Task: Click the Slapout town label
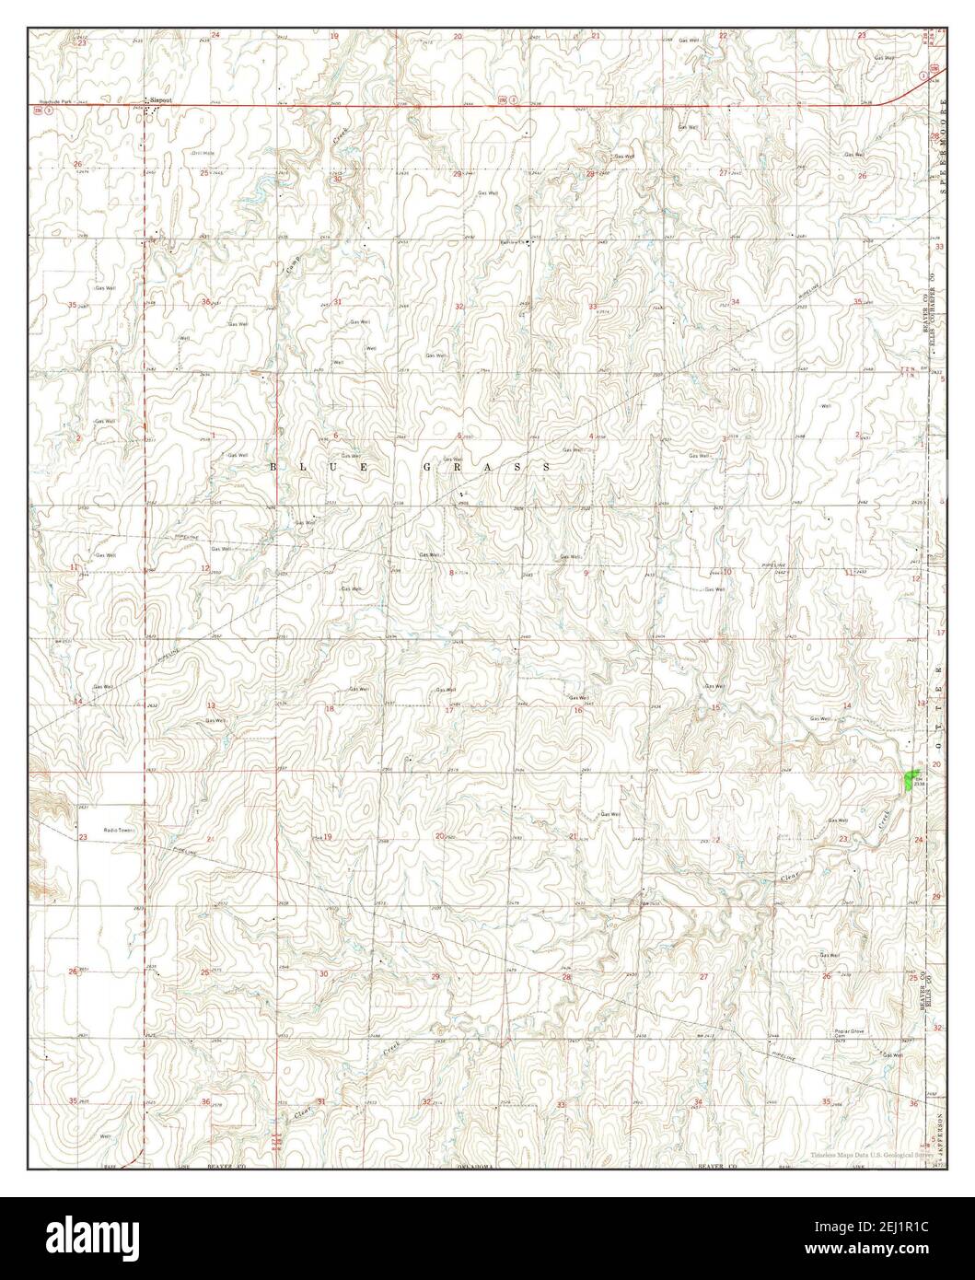point(162,99)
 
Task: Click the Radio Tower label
point(120,831)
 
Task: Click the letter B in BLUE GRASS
point(273,468)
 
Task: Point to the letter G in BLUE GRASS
point(427,468)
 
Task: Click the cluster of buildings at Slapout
point(152,110)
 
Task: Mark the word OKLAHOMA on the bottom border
point(476,1167)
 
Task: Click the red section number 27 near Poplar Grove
point(704,976)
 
